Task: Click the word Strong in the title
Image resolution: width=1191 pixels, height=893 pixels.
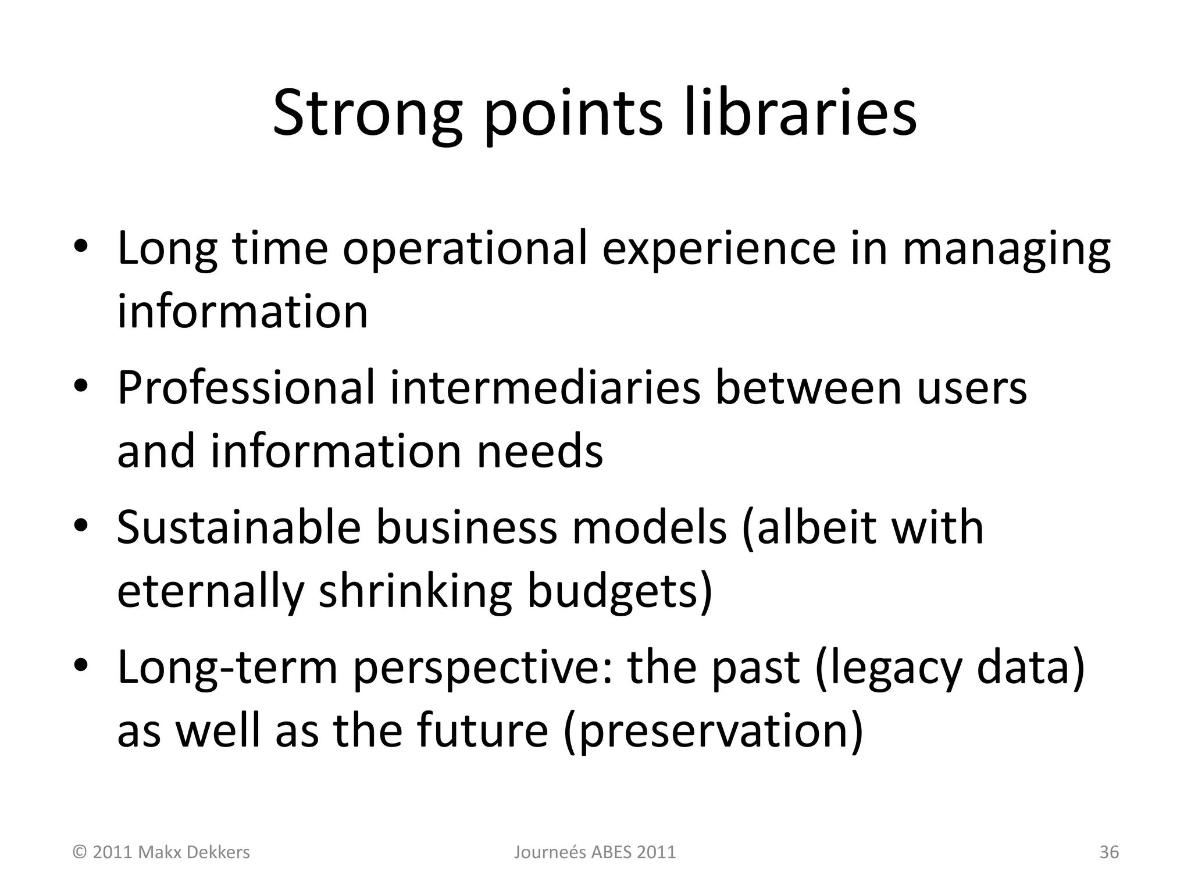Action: click(367, 113)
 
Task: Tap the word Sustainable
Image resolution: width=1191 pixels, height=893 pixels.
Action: click(238, 527)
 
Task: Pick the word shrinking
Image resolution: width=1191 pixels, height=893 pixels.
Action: click(415, 591)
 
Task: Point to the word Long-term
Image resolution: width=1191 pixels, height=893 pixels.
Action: click(227, 667)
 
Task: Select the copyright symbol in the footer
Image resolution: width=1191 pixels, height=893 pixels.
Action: click(80, 852)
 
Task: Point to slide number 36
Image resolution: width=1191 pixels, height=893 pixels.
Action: click(1109, 852)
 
